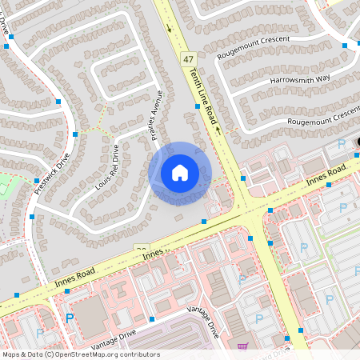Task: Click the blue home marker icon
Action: click(180, 173)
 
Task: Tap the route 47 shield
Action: click(188, 59)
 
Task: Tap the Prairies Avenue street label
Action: click(158, 116)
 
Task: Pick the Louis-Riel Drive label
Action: click(107, 166)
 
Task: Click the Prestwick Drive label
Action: click(53, 174)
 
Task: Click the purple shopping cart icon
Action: click(242, 346)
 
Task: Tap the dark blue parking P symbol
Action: click(69, 318)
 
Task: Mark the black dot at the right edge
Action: click(358, 142)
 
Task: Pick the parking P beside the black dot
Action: click(342, 144)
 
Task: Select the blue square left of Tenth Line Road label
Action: click(197, 106)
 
